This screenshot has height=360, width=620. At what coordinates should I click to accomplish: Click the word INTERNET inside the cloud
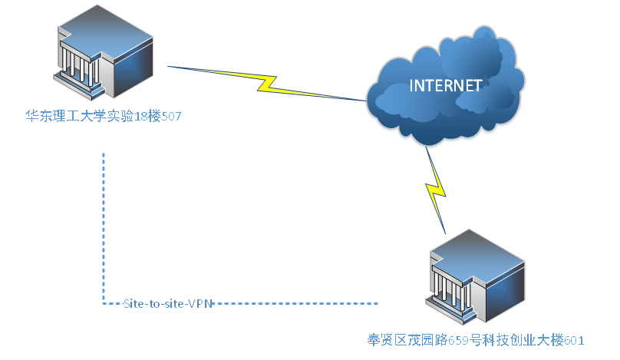coord(445,85)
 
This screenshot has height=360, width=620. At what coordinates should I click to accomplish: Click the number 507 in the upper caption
coord(171,117)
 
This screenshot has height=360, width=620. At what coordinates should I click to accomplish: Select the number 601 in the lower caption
coord(575,339)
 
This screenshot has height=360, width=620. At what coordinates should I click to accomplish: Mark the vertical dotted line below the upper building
coord(104,223)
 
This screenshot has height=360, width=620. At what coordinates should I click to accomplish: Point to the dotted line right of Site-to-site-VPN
coord(295,303)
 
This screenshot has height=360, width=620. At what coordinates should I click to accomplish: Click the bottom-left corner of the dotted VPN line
coord(104,303)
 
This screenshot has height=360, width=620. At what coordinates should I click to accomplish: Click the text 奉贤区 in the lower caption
coord(386,339)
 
